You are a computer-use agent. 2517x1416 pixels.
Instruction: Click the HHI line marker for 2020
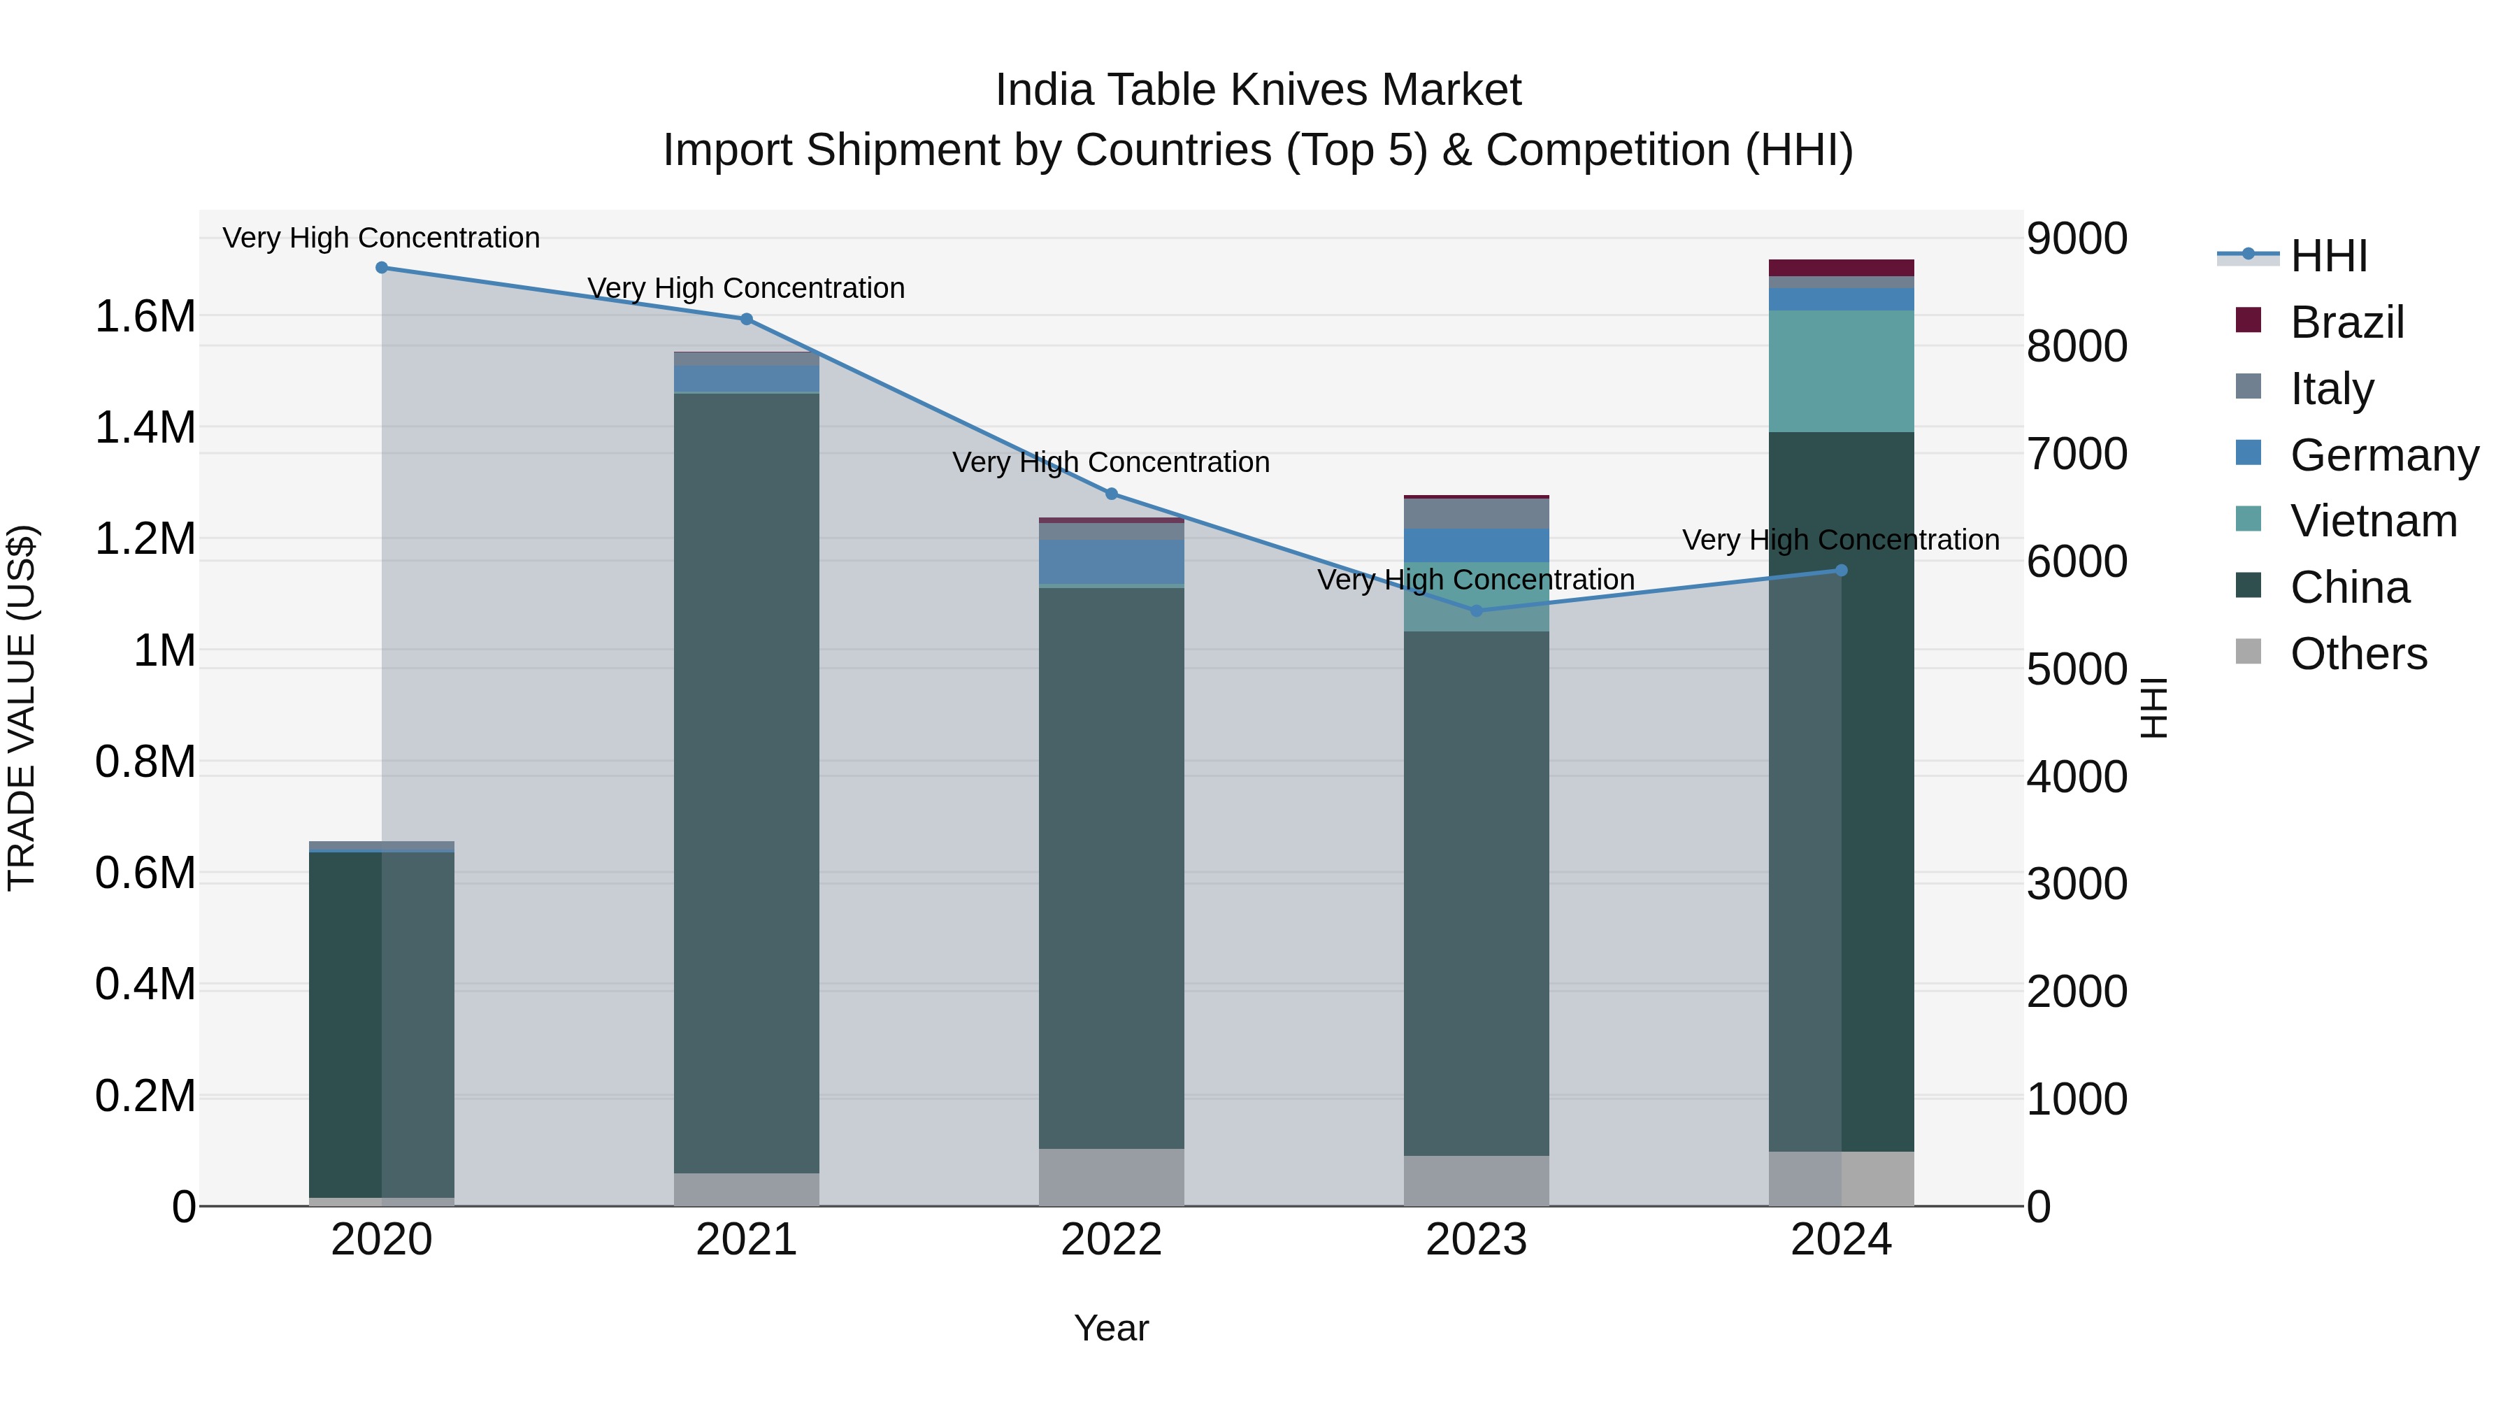382,268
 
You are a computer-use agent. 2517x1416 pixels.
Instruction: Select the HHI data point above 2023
1477,610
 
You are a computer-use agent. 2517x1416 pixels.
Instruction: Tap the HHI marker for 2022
1111,494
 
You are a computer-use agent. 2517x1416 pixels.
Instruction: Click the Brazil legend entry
2345,322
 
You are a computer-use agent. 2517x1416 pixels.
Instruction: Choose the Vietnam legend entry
2372,521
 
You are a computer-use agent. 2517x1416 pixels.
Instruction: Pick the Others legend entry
2357,654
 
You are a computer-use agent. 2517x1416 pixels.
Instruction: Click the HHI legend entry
2328,256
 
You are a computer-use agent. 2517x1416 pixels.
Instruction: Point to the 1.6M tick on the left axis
145,317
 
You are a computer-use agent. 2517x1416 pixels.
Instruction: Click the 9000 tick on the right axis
2077,238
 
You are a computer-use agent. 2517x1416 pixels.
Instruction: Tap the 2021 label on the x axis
747,1239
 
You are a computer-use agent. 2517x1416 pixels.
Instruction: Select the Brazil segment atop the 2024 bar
1841,268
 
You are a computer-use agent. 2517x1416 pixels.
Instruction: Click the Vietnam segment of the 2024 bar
1841,371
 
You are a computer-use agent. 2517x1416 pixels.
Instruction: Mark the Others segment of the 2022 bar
1111,1177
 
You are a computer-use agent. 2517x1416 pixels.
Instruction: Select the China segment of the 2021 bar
747,782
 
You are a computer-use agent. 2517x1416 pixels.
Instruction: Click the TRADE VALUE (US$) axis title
22,708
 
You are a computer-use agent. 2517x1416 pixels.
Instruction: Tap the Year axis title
1111,1328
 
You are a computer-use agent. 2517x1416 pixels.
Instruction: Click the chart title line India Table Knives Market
1258,90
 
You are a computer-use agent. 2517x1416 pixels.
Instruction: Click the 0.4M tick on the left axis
145,984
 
